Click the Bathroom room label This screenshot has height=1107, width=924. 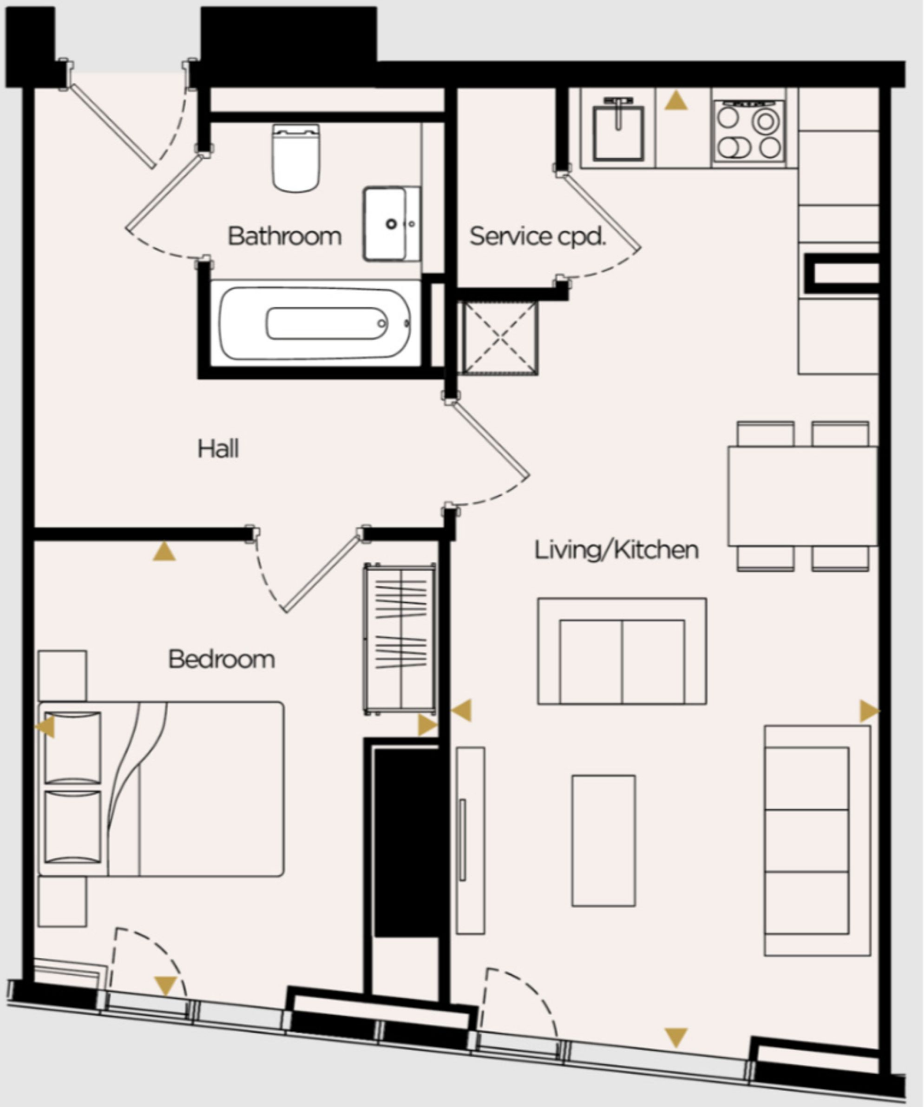[x=284, y=236]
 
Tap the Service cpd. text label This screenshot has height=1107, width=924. [x=536, y=236]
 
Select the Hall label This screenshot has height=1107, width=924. [x=218, y=449]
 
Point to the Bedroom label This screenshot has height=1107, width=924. [x=222, y=659]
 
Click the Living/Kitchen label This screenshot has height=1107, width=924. [x=616, y=550]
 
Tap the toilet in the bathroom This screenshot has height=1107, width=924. [x=295, y=158]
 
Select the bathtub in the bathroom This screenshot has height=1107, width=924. [x=315, y=323]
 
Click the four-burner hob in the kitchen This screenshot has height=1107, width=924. [x=749, y=132]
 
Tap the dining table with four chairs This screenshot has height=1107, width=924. [x=802, y=496]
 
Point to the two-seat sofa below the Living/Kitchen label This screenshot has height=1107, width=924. [x=622, y=651]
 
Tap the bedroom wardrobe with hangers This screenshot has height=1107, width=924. [x=400, y=638]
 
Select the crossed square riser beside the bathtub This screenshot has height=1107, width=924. [x=500, y=338]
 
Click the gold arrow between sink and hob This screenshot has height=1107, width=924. [x=676, y=101]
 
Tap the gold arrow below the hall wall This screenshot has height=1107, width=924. [x=164, y=552]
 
